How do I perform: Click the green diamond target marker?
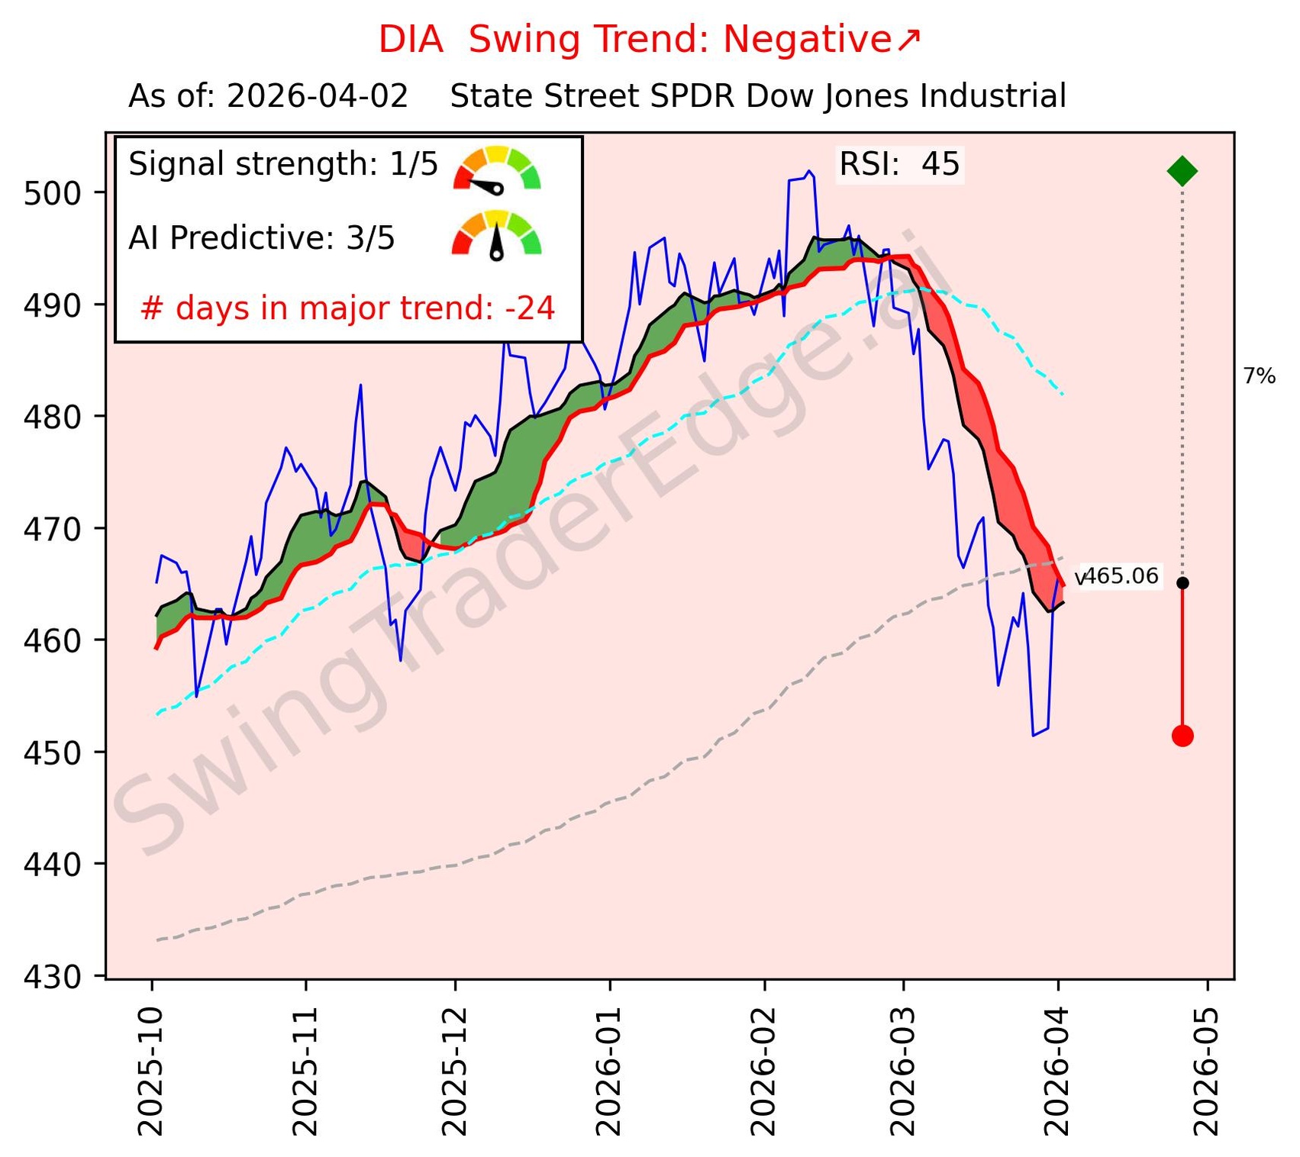(x=1182, y=170)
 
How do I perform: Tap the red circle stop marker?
(x=1182, y=736)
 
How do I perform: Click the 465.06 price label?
(x=1121, y=576)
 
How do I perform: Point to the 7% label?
(x=1259, y=376)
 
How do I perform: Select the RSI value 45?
(x=940, y=165)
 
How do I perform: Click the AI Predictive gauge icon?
(x=497, y=235)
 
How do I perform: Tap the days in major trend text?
(x=348, y=308)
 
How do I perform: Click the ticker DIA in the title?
(x=411, y=40)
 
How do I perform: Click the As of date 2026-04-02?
(x=317, y=97)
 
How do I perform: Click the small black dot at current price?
(x=1182, y=583)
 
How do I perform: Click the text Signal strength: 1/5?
(x=283, y=165)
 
